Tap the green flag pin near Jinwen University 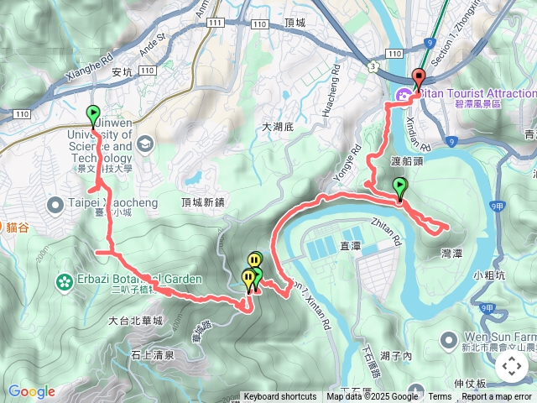(92, 113)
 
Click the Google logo (31, 391)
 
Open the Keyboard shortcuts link (280, 397)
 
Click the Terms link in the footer (440, 397)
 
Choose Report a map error (496, 397)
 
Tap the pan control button (511, 366)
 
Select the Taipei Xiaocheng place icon (55, 203)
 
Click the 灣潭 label (453, 252)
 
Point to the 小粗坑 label (488, 275)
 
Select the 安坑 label (122, 72)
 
